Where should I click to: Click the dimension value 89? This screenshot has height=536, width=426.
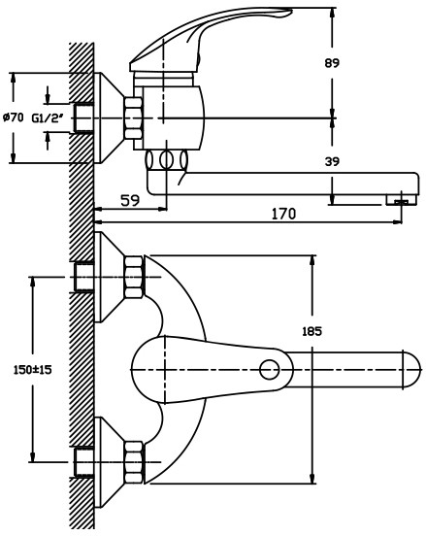point(332,63)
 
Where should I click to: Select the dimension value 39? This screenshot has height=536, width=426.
point(332,161)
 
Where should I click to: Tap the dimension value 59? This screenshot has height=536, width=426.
point(130,200)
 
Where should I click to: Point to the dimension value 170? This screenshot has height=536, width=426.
point(283,214)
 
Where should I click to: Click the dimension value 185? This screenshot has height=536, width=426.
point(311,331)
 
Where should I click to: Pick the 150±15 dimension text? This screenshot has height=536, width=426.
point(32,370)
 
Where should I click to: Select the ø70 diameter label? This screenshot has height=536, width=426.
point(14,117)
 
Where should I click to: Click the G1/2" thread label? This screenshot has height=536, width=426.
point(48,118)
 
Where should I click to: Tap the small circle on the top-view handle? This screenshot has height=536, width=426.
point(269,370)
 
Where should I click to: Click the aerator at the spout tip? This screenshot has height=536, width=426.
point(402,200)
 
